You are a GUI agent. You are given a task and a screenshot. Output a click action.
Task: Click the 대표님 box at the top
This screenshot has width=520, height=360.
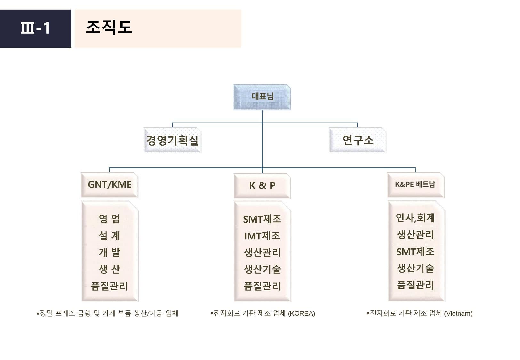coord(262,97)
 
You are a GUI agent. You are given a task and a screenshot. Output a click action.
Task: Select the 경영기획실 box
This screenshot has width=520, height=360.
coord(172,140)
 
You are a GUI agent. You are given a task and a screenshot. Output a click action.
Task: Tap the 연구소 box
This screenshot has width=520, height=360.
coord(357,140)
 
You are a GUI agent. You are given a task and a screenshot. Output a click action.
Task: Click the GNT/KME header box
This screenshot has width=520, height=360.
coord(109,185)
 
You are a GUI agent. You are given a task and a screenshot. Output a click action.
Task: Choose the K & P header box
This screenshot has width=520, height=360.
coord(262,186)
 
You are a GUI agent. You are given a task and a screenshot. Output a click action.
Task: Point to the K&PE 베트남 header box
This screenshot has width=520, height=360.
coord(415,185)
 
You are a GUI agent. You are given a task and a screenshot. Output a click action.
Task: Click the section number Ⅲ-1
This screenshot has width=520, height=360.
coord(35,28)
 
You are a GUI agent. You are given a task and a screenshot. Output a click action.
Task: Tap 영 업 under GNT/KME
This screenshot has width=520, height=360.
coord(109,219)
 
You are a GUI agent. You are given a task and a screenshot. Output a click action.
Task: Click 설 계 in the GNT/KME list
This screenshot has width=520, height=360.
coord(109,236)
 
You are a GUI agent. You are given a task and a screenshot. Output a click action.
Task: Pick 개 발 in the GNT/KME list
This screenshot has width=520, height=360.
coord(109,252)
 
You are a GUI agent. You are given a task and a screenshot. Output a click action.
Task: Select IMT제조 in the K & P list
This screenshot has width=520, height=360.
coord(262,236)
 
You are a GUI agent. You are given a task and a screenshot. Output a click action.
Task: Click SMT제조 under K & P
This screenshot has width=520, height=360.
coord(262,219)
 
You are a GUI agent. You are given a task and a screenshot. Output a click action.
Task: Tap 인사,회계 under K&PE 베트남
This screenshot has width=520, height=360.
coord(415,218)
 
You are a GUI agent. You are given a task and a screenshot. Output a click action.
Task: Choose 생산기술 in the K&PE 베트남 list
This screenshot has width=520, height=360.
coord(415,268)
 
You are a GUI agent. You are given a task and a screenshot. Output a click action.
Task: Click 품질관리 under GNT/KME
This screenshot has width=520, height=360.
coord(109,286)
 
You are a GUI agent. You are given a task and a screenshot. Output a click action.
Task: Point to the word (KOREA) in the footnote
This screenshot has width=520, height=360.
coord(301,314)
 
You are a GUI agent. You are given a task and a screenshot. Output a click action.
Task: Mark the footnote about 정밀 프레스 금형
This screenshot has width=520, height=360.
coord(108,313)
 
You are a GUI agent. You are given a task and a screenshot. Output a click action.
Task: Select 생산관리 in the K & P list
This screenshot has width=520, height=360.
coord(262,252)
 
